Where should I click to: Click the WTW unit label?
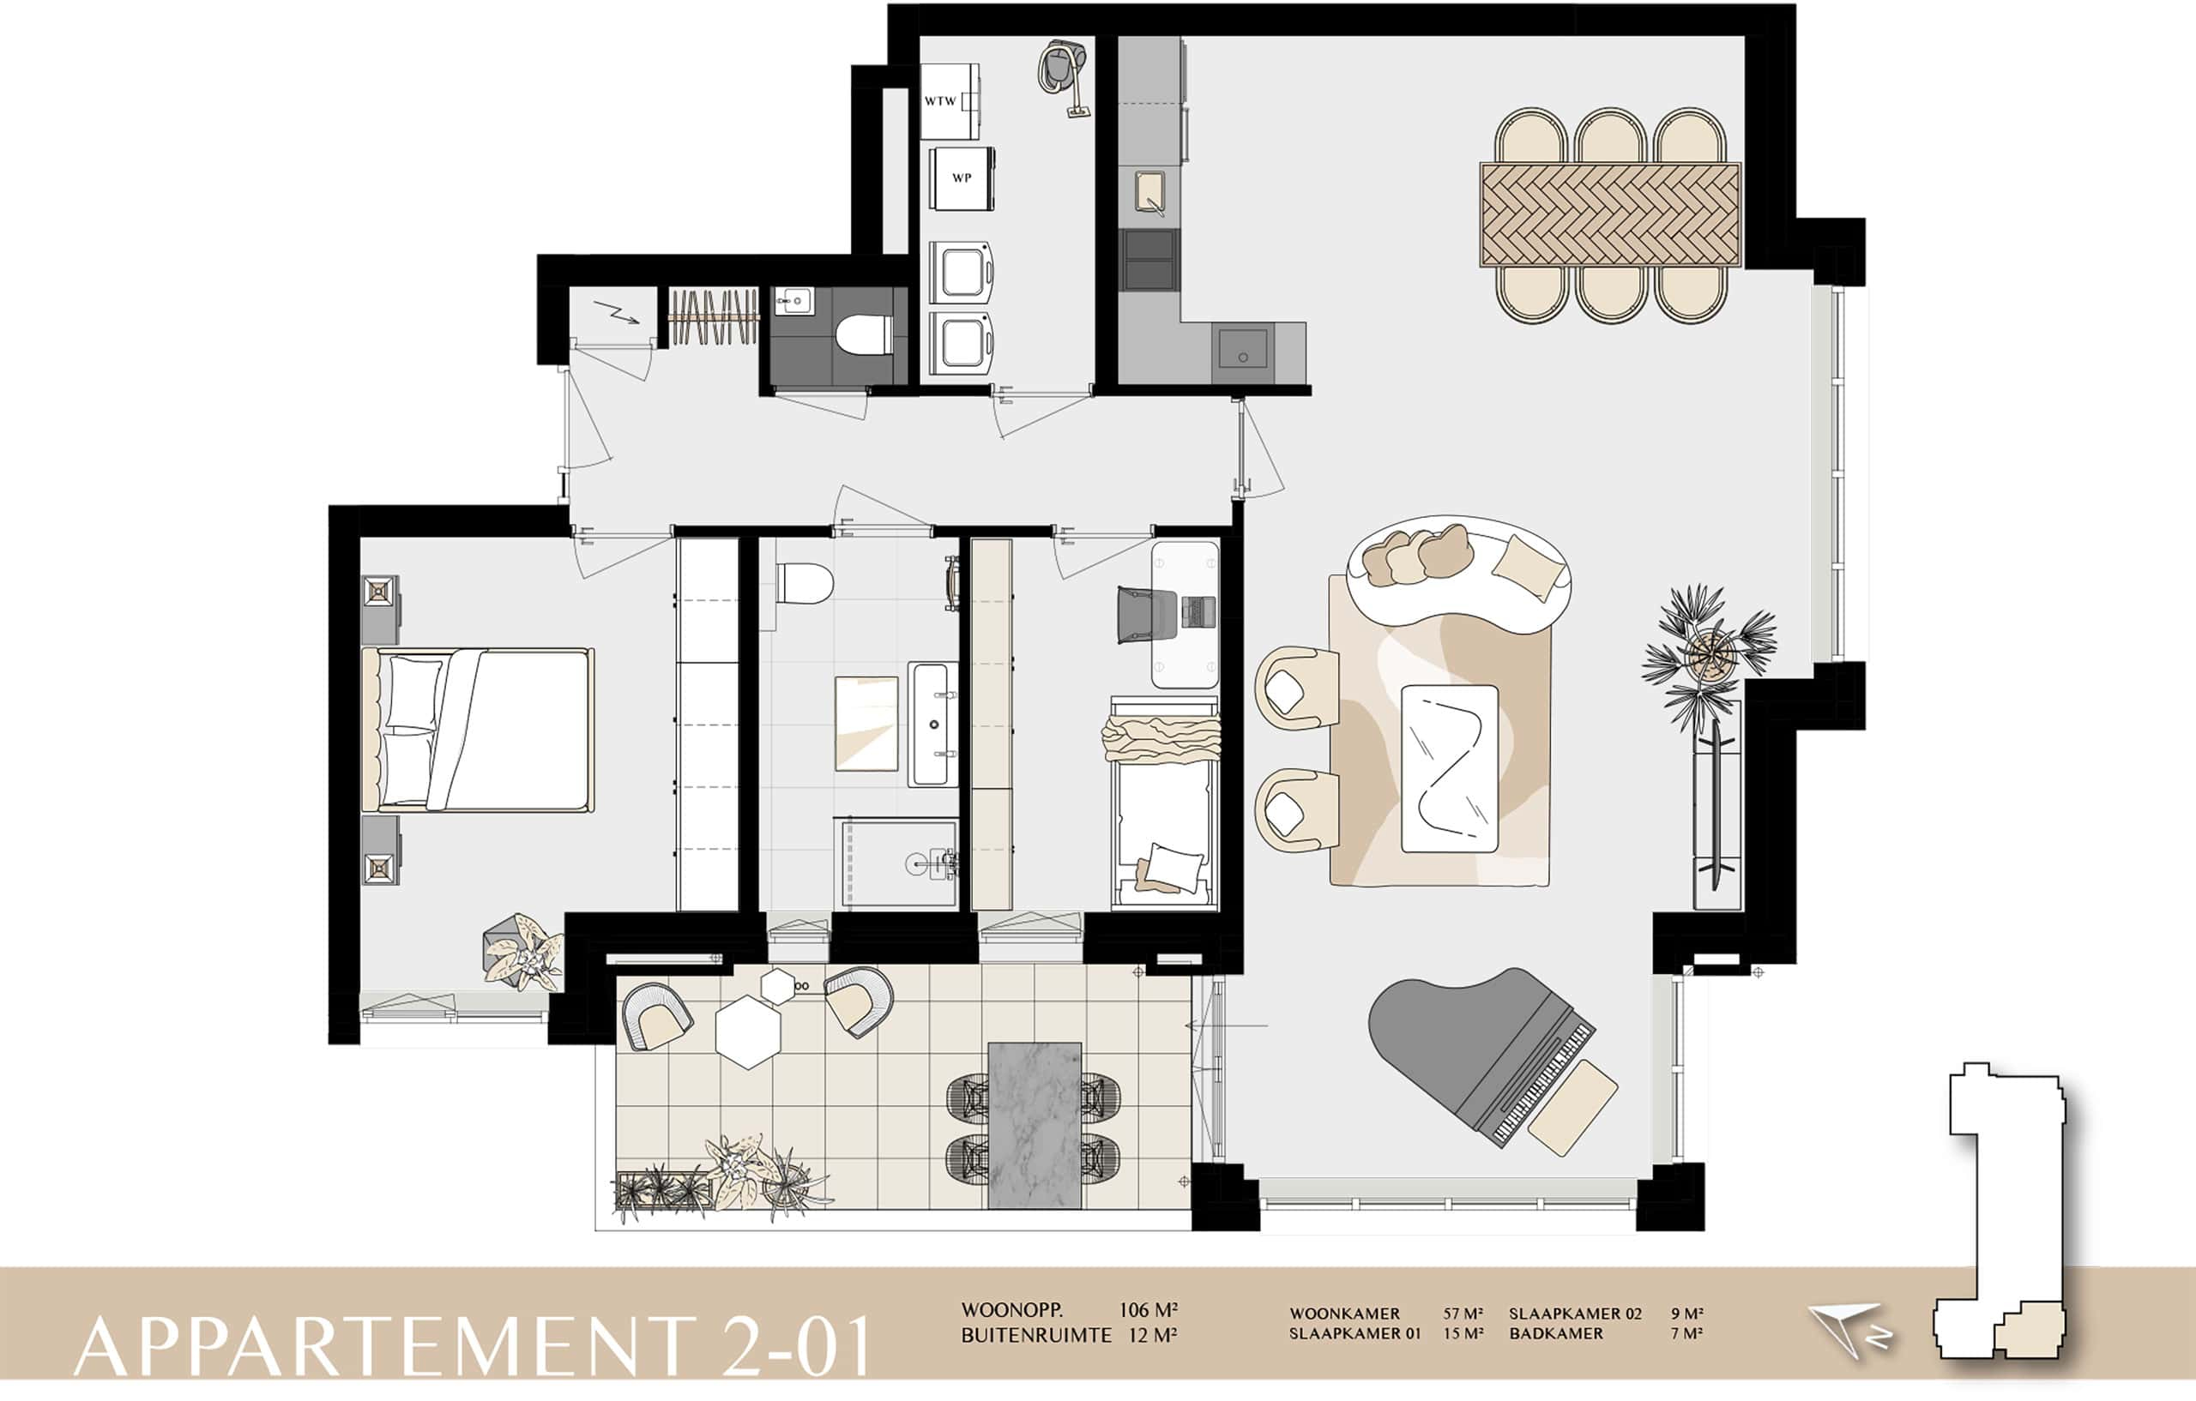click(x=940, y=101)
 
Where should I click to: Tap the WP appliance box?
click(x=962, y=178)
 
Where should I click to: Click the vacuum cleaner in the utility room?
click(x=1065, y=76)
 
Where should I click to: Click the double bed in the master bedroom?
click(x=478, y=729)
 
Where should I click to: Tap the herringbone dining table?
click(x=1610, y=215)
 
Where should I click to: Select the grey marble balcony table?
click(x=1035, y=1125)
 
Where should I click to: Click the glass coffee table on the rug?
click(x=1449, y=768)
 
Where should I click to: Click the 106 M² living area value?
click(x=1147, y=1310)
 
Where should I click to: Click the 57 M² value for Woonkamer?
click(x=1463, y=1314)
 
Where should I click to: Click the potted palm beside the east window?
click(x=1709, y=654)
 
